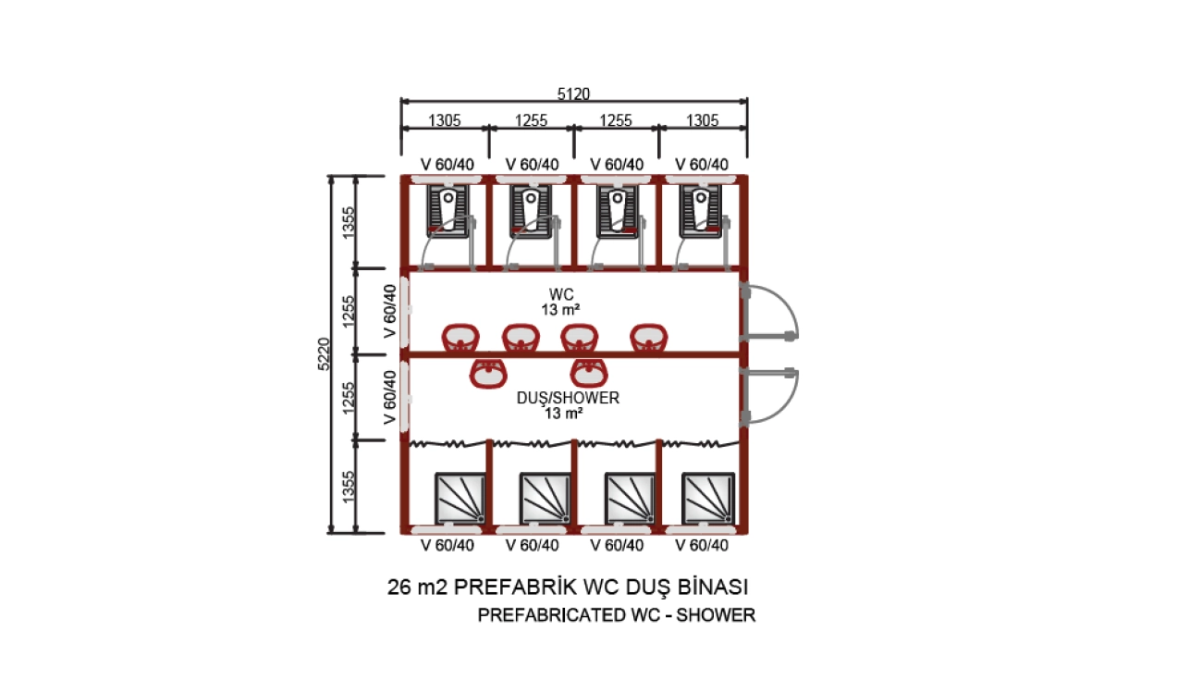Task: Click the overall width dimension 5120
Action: [573, 94]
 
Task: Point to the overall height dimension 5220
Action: [324, 353]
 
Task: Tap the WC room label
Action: [560, 294]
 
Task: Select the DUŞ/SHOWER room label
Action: [568, 398]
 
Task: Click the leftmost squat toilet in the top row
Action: [448, 211]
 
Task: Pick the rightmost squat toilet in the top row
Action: [700, 211]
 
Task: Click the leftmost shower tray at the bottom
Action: [460, 498]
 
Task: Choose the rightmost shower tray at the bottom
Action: [707, 498]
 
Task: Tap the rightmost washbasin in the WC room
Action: [649, 338]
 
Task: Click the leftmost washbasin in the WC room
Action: [460, 338]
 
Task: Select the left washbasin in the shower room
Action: [488, 373]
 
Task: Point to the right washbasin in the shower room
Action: [589, 373]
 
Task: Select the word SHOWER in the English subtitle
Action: [716, 615]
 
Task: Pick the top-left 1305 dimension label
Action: [445, 120]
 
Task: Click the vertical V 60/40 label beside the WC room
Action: [390, 311]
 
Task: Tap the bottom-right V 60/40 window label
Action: [702, 545]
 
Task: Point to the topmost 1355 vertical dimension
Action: [349, 222]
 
